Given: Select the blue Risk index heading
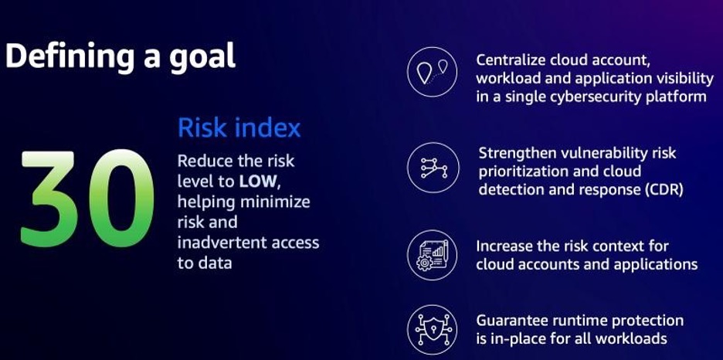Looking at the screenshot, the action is pos(239,128).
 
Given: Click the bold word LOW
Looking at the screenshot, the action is pos(258,181).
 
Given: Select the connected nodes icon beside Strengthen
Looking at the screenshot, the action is pos(433,168).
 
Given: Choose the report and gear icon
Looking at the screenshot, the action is pos(432,255).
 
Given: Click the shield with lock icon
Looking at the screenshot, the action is pos(432,330).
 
